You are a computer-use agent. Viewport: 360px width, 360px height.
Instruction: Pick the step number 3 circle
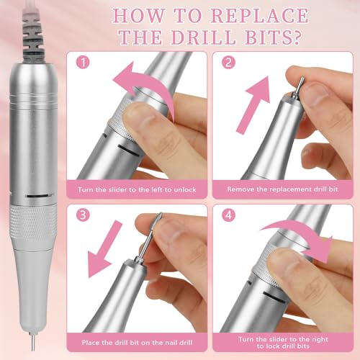(86, 215)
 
